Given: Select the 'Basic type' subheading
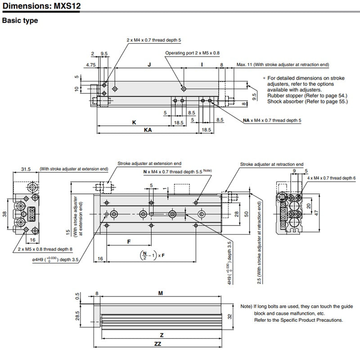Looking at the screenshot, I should [20, 21].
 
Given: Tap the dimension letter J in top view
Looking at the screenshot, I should [149, 65].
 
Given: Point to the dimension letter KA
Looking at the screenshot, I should [148, 129].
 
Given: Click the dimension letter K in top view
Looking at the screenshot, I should [134, 122].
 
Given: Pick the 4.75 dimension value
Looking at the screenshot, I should [91, 65].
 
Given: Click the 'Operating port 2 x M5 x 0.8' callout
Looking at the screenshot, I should [192, 53].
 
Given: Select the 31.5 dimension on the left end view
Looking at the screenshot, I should [26, 169].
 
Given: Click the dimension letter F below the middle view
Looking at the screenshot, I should [129, 242].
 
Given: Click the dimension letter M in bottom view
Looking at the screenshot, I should [161, 293].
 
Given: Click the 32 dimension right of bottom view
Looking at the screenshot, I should [229, 316].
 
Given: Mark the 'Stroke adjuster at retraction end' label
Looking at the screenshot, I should [271, 165].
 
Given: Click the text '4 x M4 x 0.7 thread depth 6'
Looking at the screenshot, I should [331, 179].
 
